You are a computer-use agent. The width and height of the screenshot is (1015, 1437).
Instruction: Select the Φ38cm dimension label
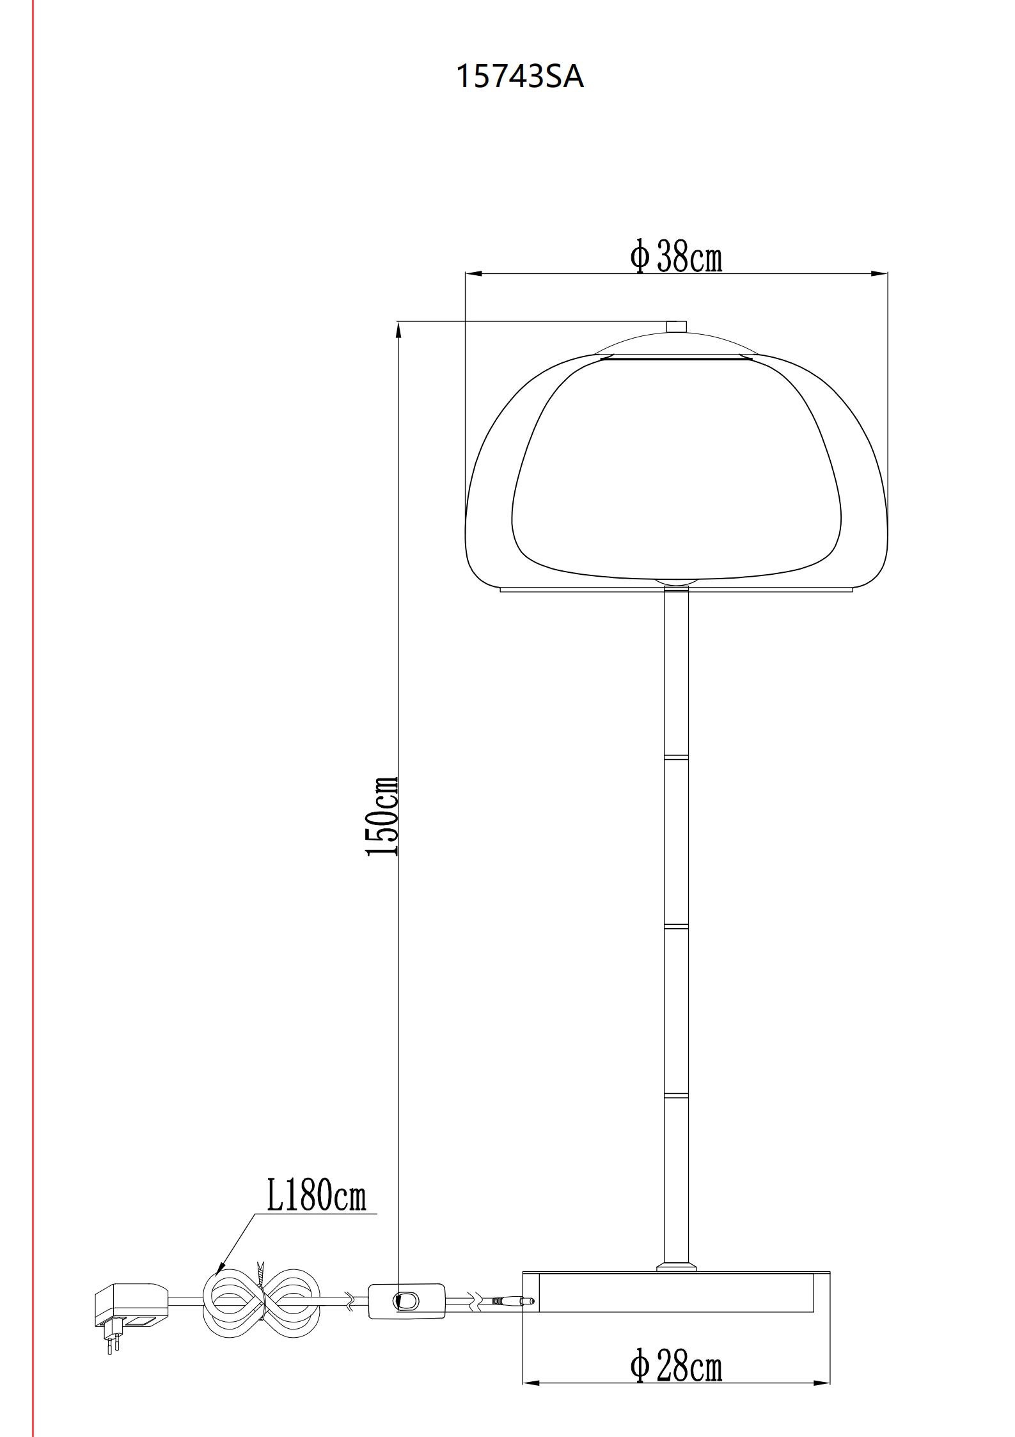tap(676, 257)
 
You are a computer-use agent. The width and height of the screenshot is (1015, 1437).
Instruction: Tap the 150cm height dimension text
tap(382, 816)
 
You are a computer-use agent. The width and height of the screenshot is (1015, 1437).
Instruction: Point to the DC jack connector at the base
tap(512, 1300)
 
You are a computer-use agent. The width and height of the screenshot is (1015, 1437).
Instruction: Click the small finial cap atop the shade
tap(676, 326)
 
